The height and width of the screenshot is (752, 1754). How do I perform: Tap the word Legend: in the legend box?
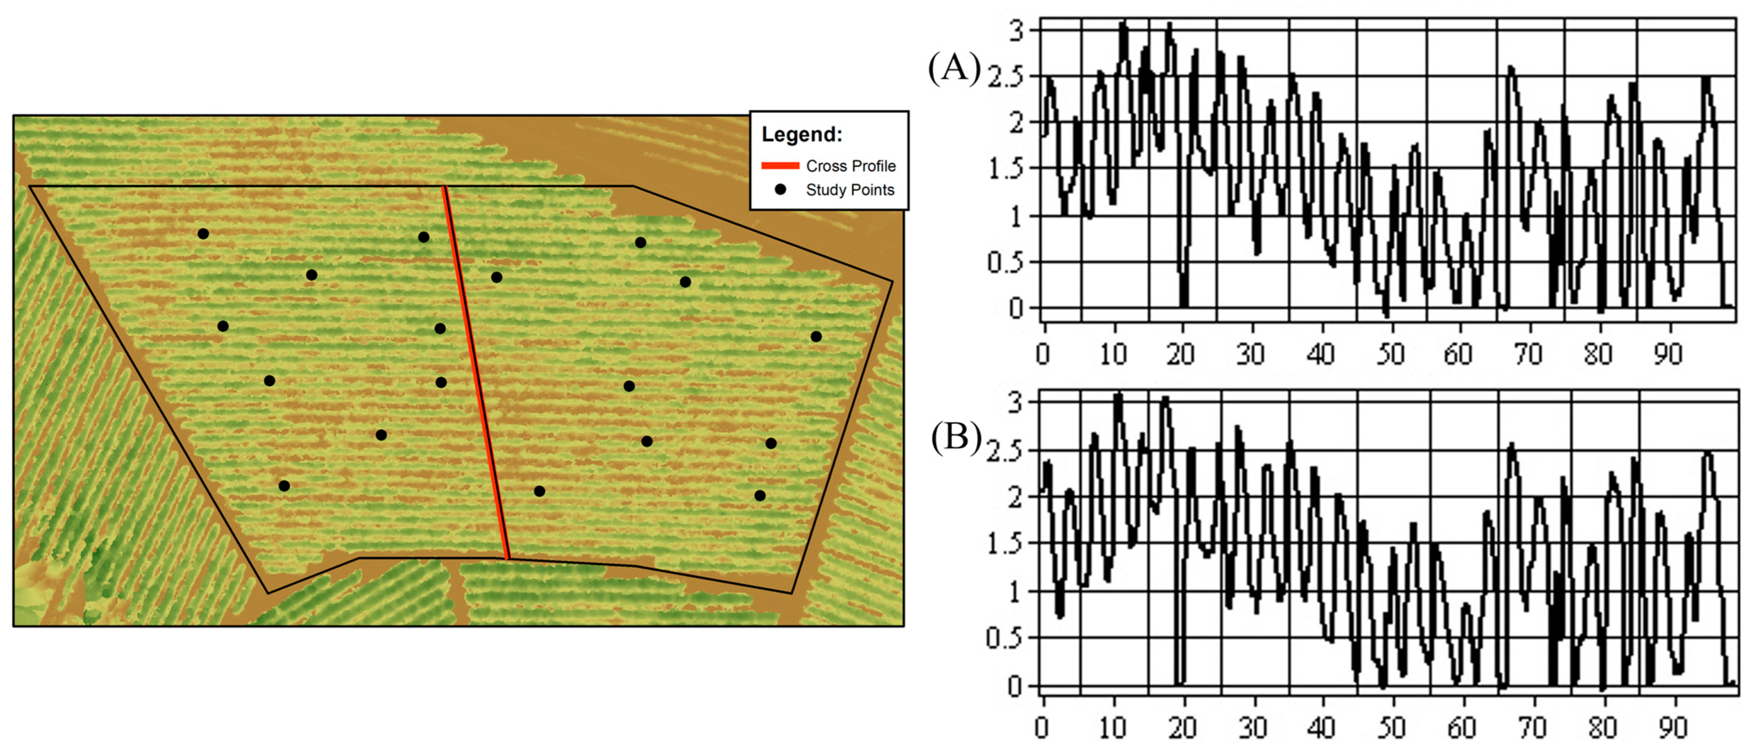[x=801, y=134]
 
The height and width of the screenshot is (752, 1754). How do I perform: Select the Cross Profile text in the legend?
[x=850, y=166]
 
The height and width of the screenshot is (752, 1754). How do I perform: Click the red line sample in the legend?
[x=780, y=165]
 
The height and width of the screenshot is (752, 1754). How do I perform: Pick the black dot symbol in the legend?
[x=780, y=189]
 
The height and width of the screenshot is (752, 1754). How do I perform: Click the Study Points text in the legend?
[x=850, y=190]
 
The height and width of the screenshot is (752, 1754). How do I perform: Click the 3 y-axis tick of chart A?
[x=1016, y=31]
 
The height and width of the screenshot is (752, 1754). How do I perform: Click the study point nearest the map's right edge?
[x=816, y=336]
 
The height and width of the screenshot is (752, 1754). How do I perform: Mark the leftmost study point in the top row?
[x=203, y=233]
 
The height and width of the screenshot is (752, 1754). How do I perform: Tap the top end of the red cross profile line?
[x=444, y=187]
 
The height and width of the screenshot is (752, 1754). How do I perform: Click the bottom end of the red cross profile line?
[x=507, y=558]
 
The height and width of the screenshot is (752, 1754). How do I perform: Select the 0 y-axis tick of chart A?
[x=1016, y=308]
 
